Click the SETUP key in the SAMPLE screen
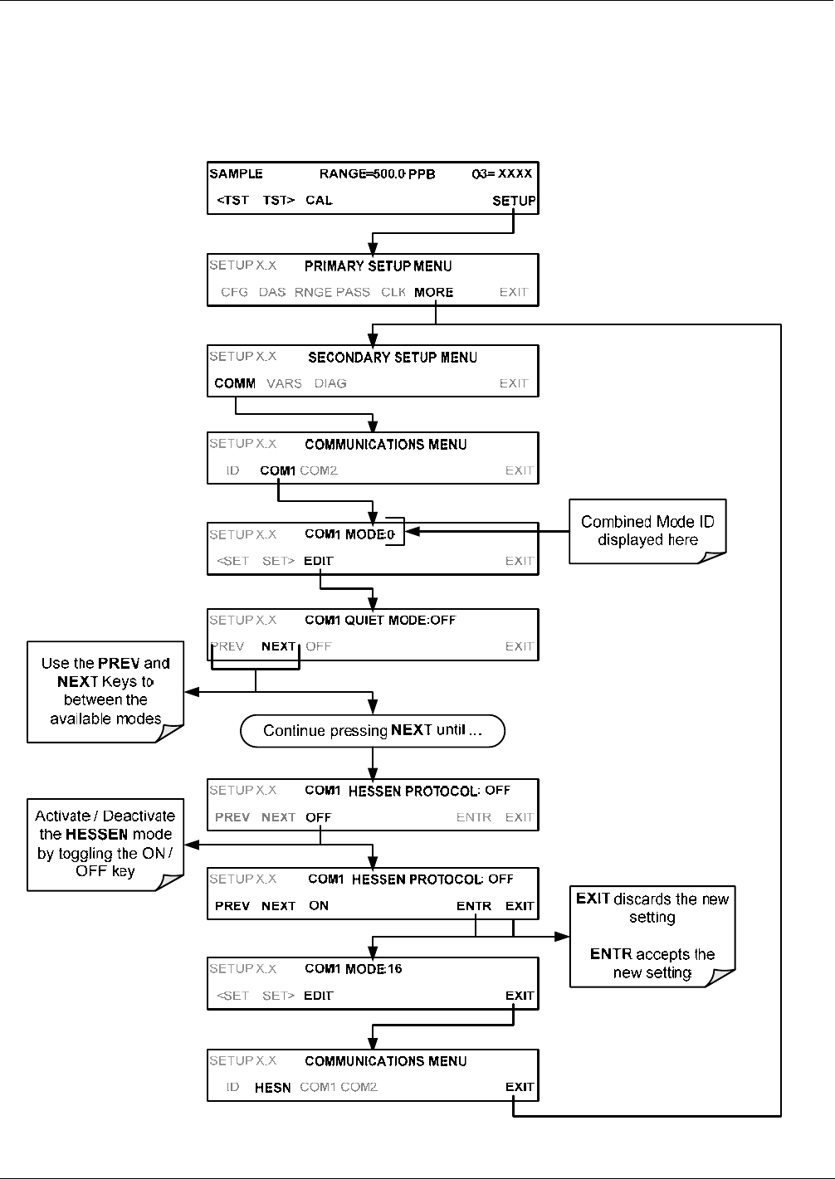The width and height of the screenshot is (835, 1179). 513,201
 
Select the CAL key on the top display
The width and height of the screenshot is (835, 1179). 319,200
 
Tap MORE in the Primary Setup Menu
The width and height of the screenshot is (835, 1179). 433,292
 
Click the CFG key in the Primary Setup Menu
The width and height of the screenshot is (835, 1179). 234,292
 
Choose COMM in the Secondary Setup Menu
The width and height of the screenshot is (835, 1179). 235,383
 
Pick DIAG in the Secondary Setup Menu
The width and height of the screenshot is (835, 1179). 330,383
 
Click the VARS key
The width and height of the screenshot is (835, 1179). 285,383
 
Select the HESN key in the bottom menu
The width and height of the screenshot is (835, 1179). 273,1088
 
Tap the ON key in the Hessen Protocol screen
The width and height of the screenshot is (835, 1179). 319,905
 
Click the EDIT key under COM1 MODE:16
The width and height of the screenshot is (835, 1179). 319,996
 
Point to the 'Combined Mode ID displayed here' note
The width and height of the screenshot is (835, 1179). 647,531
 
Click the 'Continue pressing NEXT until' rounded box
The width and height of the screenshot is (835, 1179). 373,731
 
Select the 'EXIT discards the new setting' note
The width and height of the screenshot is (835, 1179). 652,936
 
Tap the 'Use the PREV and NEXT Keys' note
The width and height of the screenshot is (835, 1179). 105,692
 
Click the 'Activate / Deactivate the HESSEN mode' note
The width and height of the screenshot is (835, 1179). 105,845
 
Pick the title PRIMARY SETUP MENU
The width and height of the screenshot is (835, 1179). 378,266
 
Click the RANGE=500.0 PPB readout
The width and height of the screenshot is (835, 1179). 377,174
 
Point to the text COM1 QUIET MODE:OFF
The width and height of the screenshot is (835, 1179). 380,620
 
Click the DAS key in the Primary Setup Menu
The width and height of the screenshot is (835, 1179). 272,292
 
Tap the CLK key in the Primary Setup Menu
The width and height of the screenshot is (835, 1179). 393,292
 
